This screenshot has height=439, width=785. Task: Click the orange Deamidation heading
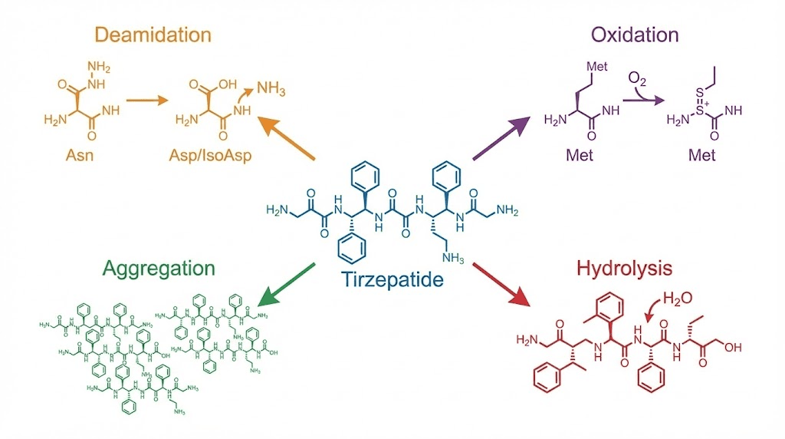click(153, 35)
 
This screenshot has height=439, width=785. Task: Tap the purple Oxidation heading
click(635, 35)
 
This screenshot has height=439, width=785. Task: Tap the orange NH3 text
click(271, 91)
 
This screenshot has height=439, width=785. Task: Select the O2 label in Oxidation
click(638, 78)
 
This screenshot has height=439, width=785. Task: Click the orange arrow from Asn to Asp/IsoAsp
click(146, 100)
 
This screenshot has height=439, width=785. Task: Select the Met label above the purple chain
click(597, 66)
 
